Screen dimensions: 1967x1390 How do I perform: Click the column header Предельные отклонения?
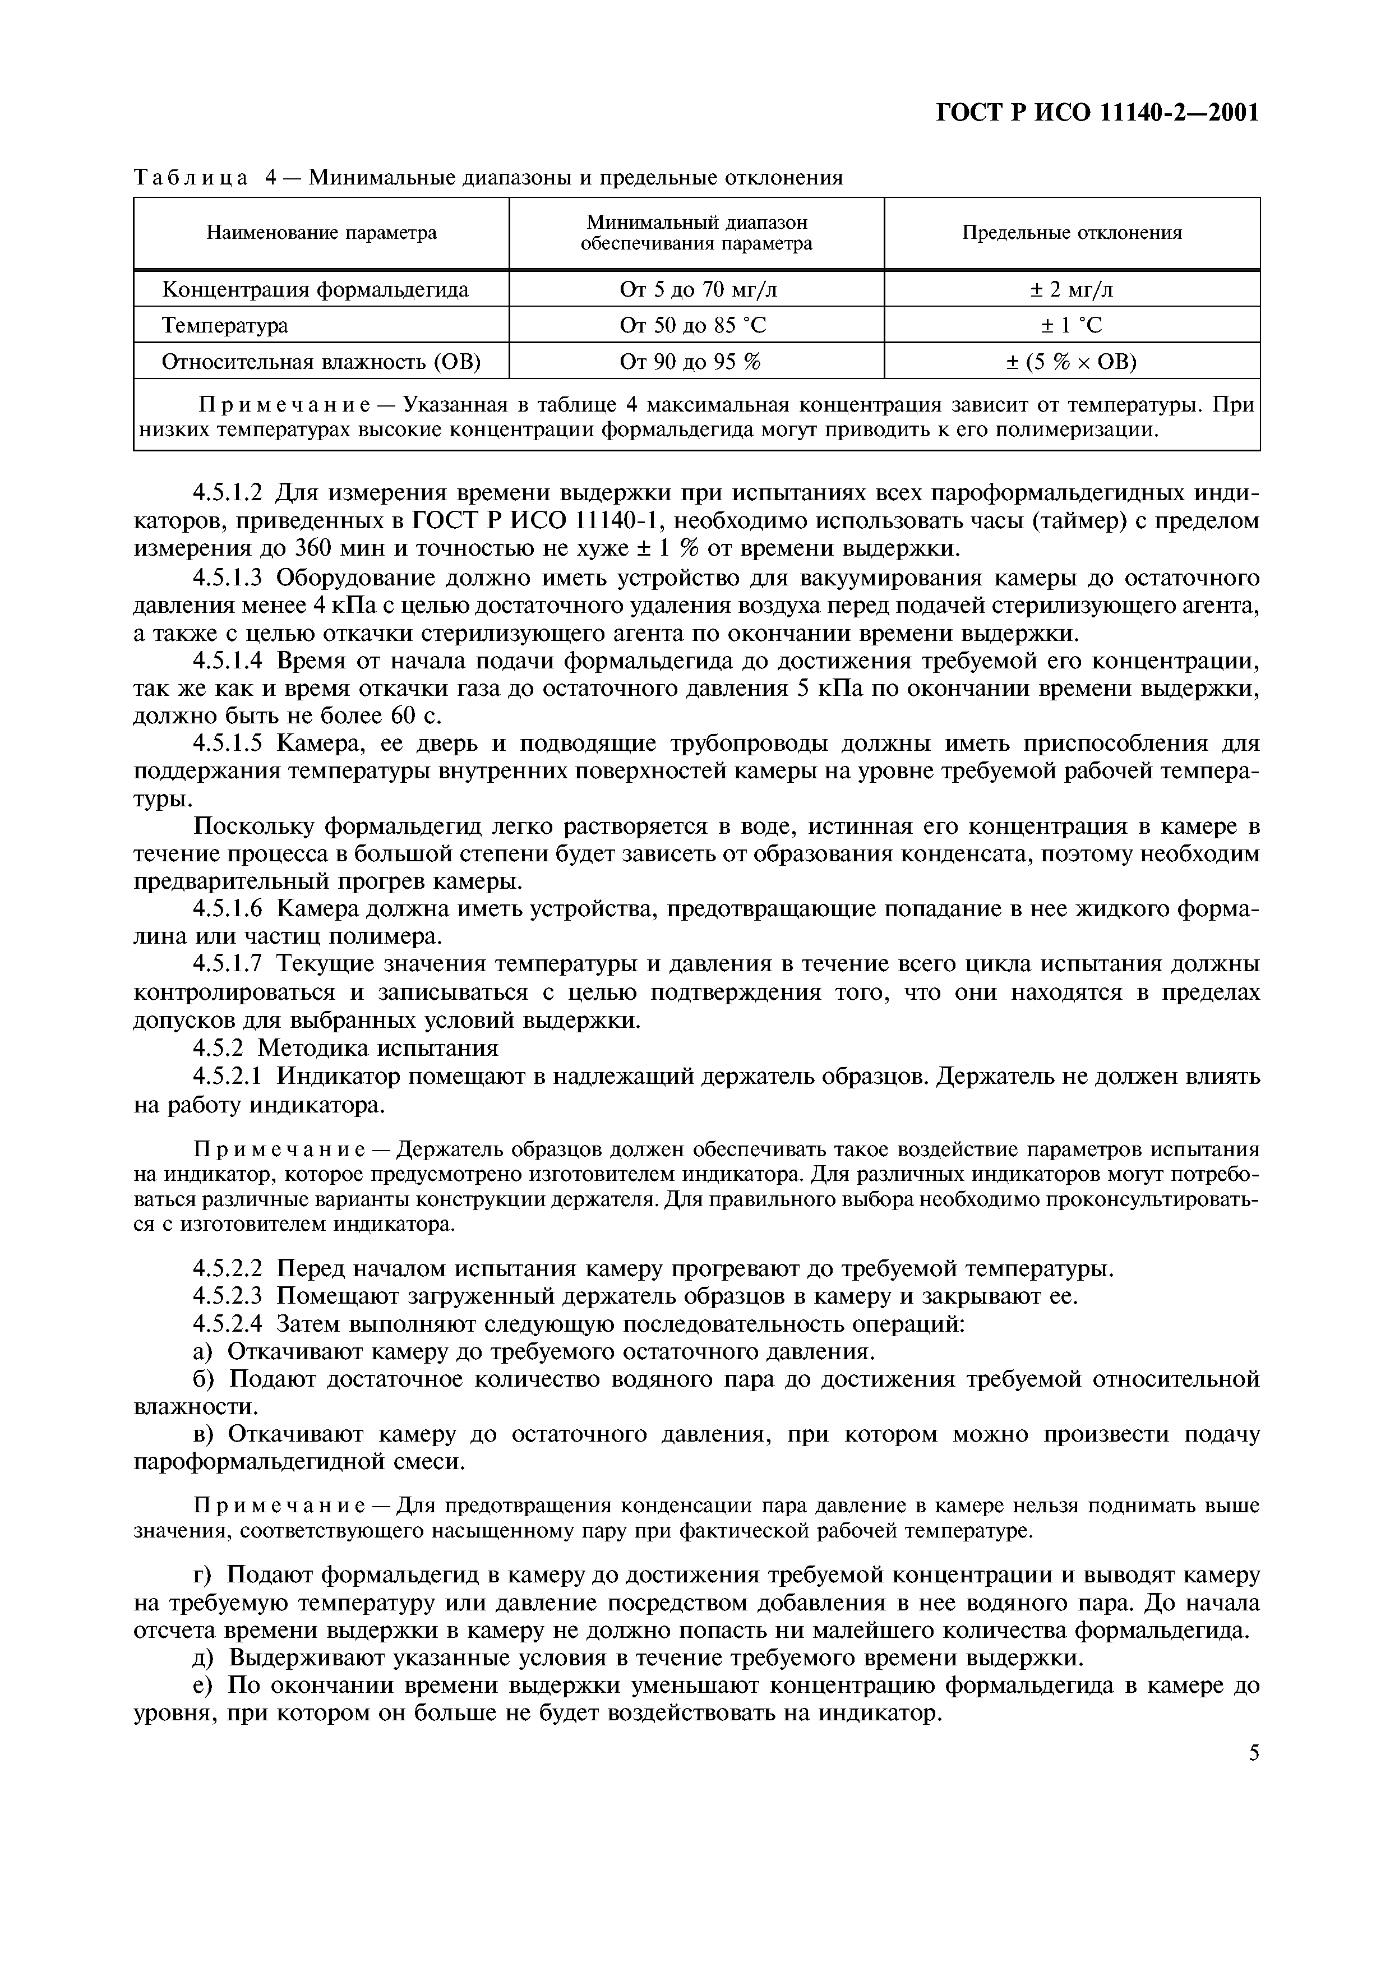click(1072, 233)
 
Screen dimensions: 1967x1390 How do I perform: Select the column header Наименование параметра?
click(321, 233)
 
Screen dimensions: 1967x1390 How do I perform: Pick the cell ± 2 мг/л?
click(1072, 289)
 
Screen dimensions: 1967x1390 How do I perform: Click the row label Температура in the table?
click(225, 326)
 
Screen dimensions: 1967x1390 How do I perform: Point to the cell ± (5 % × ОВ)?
click(1072, 362)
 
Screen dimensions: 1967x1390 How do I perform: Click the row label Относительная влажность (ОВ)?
click(321, 362)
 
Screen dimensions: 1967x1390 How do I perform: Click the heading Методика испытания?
click(378, 1048)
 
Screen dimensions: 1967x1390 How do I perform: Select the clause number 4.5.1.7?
click(232, 964)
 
